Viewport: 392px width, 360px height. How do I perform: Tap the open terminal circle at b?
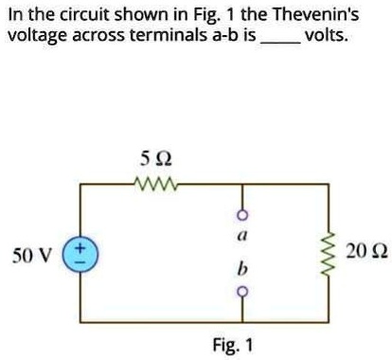coord(241,291)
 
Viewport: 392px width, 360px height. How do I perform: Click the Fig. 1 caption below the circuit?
coord(233,345)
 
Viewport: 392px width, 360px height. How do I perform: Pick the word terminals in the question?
coord(164,37)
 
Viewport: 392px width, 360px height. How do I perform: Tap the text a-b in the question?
coord(223,37)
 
